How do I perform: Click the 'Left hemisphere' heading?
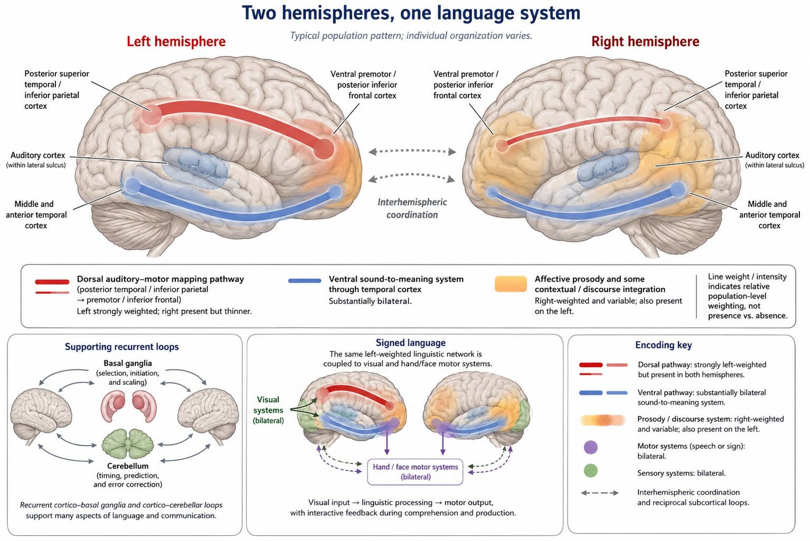pyautogui.click(x=176, y=42)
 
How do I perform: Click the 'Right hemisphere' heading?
pyautogui.click(x=645, y=42)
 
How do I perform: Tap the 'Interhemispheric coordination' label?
pyautogui.click(x=412, y=208)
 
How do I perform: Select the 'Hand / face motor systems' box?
pyautogui.click(x=415, y=472)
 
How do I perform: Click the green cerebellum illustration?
pyautogui.click(x=128, y=444)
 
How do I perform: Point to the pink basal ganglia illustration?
pyautogui.click(x=128, y=407)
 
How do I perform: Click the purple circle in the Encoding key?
pyautogui.click(x=590, y=447)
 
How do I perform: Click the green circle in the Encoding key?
pyautogui.click(x=590, y=470)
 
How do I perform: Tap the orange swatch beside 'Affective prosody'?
pyautogui.click(x=511, y=283)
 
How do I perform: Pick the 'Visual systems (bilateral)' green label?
pyautogui.click(x=268, y=410)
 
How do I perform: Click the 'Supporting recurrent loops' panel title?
pyautogui.click(x=122, y=347)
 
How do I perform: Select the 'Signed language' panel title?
pyautogui.click(x=410, y=343)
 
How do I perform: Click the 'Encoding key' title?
pyautogui.click(x=664, y=345)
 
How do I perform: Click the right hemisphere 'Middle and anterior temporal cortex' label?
pyautogui.click(x=769, y=215)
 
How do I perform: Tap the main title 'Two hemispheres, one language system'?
pyautogui.click(x=411, y=13)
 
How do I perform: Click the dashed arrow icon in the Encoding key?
pyautogui.click(x=599, y=492)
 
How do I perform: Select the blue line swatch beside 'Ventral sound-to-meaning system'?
pyautogui.click(x=305, y=280)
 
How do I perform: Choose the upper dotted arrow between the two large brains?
pyautogui.click(x=412, y=151)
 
